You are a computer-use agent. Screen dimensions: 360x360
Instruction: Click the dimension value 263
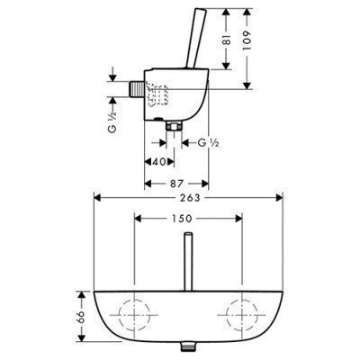pos(189,198)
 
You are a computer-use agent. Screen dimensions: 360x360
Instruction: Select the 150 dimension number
pos(182,219)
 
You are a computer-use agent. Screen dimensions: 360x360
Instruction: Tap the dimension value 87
pos(176,184)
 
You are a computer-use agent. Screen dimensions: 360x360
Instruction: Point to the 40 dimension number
pos(159,162)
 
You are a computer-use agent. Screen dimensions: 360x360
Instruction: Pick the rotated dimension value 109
pos(247,40)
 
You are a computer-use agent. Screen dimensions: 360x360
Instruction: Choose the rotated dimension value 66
pos(81,318)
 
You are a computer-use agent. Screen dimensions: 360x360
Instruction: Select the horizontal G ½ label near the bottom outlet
pos(209,143)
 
